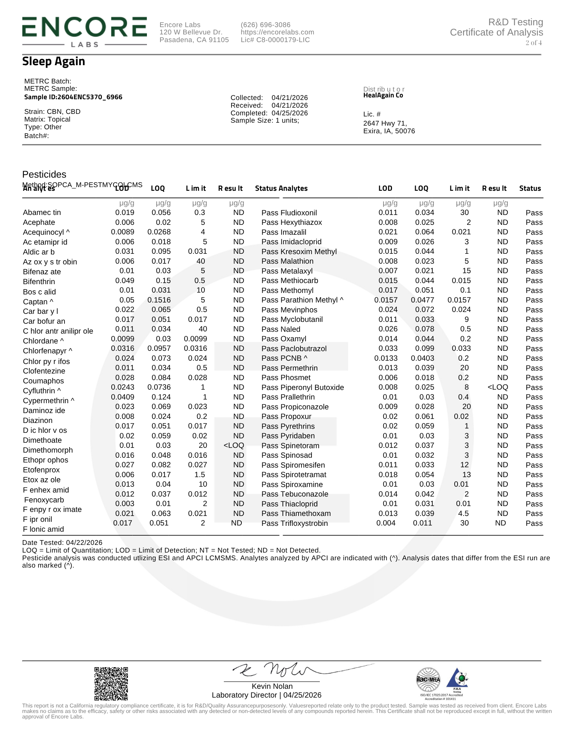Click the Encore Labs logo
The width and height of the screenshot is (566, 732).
point(84,31)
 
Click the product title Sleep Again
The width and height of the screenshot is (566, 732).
point(53,62)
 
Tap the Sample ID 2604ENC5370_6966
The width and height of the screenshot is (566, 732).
point(73,97)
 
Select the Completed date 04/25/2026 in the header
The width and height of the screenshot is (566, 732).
point(289,113)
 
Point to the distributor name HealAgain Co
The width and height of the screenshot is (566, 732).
point(383,96)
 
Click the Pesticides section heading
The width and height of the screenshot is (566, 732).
point(44,174)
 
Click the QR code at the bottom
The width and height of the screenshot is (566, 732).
point(111,683)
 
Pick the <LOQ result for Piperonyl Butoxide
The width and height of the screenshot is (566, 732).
point(497,387)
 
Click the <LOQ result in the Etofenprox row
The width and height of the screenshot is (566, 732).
point(233,446)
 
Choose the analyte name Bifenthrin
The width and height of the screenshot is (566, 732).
point(39,282)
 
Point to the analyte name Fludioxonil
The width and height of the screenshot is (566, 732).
point(299,213)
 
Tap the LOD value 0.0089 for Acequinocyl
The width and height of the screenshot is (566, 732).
point(122,232)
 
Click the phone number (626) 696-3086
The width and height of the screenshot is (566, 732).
point(265,25)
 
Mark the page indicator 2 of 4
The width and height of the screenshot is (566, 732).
point(533,43)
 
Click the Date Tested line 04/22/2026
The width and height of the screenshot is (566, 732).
point(62,543)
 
